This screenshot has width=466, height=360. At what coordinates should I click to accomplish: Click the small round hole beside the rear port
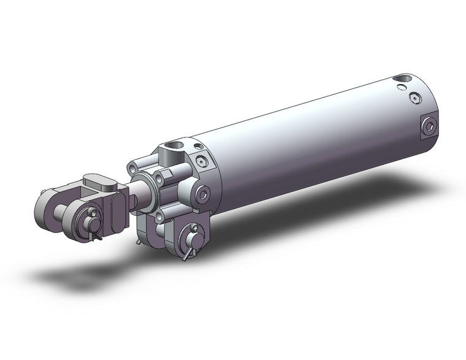[402, 90]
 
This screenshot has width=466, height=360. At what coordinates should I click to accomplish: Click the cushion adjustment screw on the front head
[202, 161]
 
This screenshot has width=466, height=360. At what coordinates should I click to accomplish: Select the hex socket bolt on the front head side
[204, 194]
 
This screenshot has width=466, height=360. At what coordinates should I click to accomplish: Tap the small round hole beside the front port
[197, 147]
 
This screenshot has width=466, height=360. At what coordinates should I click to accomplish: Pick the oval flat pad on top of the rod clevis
[98, 182]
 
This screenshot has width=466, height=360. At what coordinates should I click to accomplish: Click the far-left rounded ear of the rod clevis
[44, 208]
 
